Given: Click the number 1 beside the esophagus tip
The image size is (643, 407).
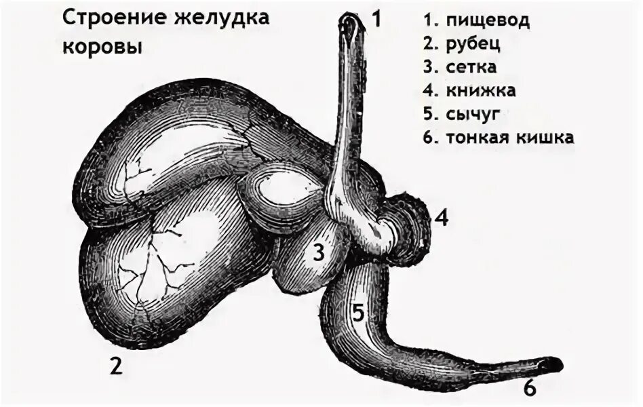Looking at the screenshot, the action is tap(375, 19).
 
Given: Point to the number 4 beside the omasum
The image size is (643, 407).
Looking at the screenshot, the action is tap(442, 218).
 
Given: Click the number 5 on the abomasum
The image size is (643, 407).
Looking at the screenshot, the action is tap(359, 313).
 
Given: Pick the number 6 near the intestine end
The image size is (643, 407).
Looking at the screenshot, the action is tap(530, 388).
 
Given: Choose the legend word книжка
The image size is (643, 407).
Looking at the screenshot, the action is tap(481, 90).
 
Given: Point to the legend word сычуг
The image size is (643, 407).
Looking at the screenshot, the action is tap(472, 113).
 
